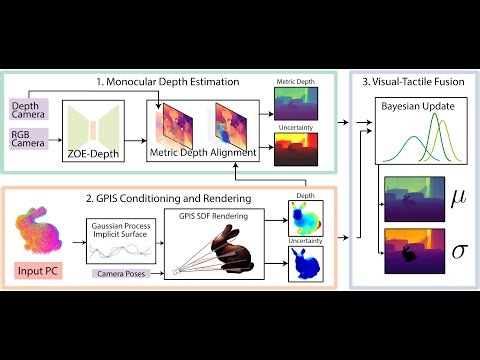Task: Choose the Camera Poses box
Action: tap(121, 272)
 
